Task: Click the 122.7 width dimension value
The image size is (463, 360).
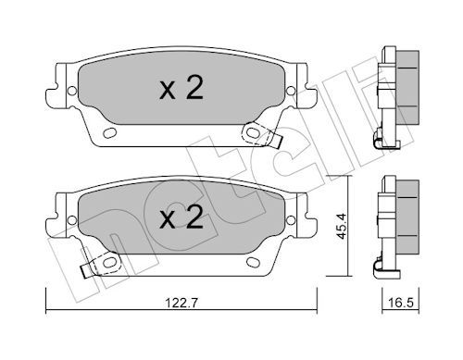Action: tap(181, 304)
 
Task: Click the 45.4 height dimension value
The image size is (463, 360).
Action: tap(342, 226)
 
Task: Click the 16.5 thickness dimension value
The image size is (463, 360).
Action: tap(401, 303)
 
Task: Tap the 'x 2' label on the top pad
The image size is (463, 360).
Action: tap(181, 88)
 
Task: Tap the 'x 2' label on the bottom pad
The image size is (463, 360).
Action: tap(181, 217)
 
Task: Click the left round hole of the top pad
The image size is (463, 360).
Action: tap(72, 91)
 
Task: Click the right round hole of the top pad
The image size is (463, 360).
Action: tap(291, 91)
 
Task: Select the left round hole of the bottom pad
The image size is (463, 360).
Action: tap(72, 220)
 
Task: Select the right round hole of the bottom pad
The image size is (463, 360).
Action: tap(291, 220)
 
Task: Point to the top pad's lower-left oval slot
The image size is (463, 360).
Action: tap(109, 133)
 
